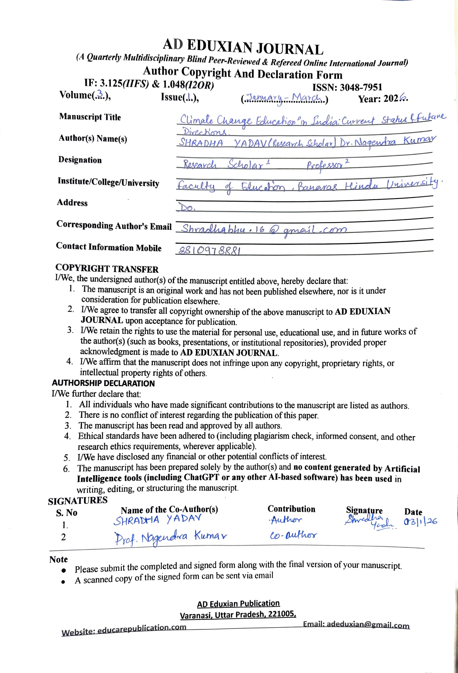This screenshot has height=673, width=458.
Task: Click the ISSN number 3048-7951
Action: (361, 87)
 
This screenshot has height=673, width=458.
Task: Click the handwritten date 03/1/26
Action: (420, 521)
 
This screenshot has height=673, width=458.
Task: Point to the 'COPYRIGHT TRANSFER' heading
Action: (107, 269)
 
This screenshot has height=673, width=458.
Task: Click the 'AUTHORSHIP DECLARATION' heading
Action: (103, 383)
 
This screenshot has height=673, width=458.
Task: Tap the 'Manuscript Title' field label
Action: (90, 117)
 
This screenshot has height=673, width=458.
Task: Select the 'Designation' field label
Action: (80, 160)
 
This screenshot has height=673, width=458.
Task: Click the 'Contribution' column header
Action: (291, 509)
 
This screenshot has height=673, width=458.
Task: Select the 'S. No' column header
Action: (67, 512)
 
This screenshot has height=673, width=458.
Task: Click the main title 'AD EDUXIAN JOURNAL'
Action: (243, 47)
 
